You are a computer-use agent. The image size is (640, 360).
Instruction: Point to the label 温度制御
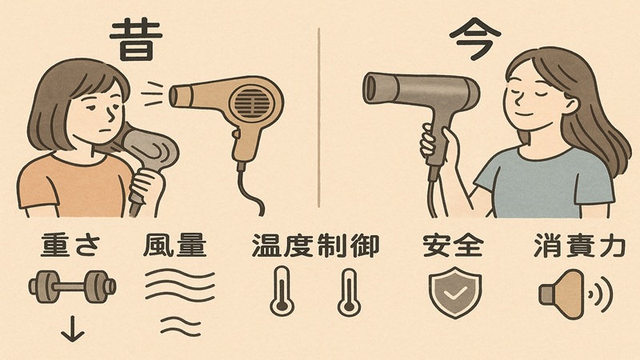pos(314,246)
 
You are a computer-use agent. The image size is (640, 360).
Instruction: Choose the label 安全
pos(452,246)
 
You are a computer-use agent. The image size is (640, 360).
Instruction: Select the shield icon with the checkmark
pos(452,290)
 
